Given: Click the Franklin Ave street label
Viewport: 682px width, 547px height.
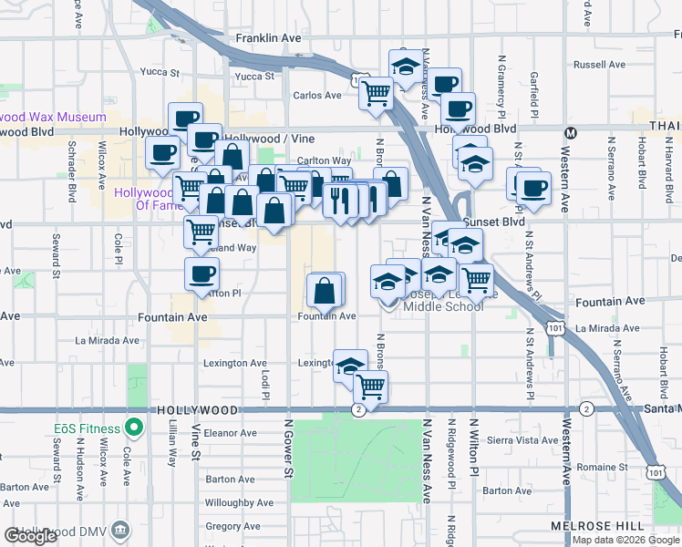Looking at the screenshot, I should click(x=268, y=38).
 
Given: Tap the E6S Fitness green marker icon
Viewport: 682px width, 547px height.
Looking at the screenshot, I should click(x=134, y=426).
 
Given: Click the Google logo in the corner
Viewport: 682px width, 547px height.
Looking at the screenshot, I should click(x=30, y=536).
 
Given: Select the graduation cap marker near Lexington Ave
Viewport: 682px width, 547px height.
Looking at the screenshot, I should click(x=349, y=366).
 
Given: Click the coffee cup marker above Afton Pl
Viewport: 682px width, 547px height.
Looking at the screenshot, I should click(x=201, y=273).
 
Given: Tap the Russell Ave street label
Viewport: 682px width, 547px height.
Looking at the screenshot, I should click(x=599, y=65).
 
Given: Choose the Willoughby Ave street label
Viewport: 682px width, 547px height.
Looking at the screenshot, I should click(x=239, y=502).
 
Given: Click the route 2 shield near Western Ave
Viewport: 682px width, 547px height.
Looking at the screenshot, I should click(x=585, y=408).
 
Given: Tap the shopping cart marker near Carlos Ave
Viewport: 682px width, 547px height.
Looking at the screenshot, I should click(x=376, y=91).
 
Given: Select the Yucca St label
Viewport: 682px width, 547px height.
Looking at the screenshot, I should click(x=254, y=77).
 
